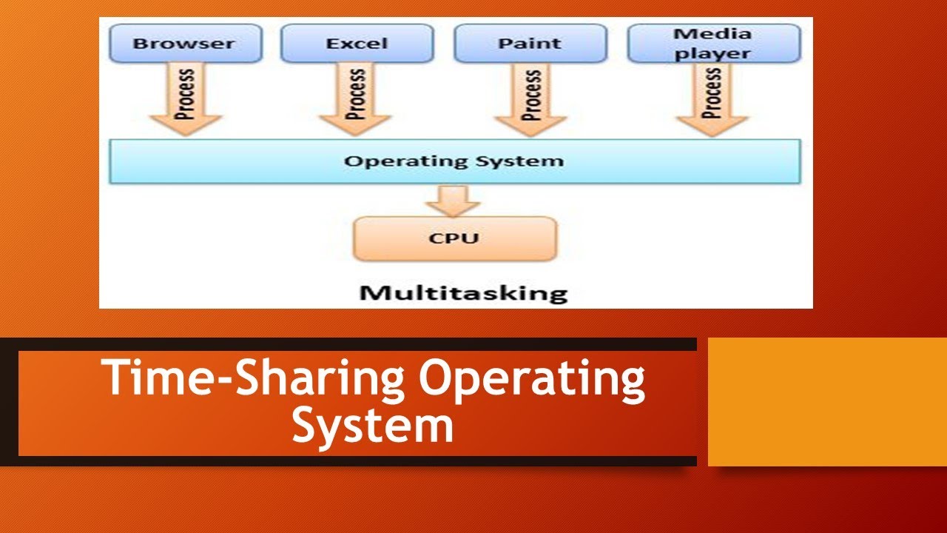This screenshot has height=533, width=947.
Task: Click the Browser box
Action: [x=186, y=44]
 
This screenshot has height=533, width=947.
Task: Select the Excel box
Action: [x=357, y=44]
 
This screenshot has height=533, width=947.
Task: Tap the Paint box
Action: [x=530, y=44]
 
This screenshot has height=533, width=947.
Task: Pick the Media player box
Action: [x=714, y=44]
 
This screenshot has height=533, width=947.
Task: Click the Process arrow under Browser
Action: [x=186, y=100]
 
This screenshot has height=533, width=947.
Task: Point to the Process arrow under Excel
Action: [x=357, y=100]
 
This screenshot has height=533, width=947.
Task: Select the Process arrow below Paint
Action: [x=530, y=100]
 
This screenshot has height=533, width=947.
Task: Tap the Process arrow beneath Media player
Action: [x=712, y=100]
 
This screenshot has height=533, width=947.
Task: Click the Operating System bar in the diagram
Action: [x=454, y=161]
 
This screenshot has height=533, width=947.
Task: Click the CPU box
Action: [x=454, y=238]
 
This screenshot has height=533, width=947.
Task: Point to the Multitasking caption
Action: [x=463, y=292]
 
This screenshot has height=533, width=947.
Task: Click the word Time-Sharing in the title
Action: [x=252, y=378]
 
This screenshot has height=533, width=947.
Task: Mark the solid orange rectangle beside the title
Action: [x=827, y=402]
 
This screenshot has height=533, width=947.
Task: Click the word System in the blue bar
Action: [x=527, y=161]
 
